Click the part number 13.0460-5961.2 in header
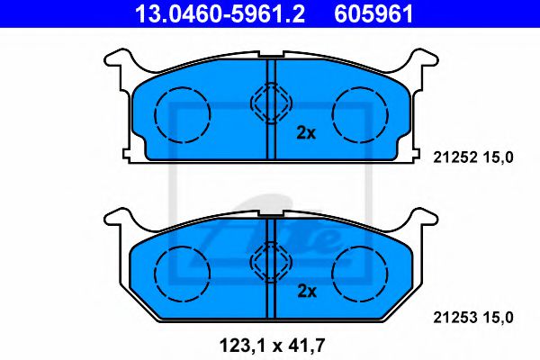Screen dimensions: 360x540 click(x=219, y=13)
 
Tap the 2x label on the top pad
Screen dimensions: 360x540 click(x=306, y=132)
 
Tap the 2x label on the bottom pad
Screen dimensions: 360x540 click(x=306, y=291)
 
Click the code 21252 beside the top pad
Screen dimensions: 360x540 click(x=453, y=157)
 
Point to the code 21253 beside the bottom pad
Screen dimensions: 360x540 click(x=453, y=316)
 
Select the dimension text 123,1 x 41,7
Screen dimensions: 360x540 click(x=270, y=345)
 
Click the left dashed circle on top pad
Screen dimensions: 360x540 click(x=182, y=112)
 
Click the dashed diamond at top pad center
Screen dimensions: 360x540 click(x=270, y=104)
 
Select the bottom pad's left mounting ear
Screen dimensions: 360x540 click(x=117, y=220)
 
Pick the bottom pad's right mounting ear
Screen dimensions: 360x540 click(x=424, y=220)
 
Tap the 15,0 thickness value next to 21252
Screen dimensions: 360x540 click(x=499, y=157)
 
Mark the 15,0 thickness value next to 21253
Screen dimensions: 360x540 click(x=499, y=316)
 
